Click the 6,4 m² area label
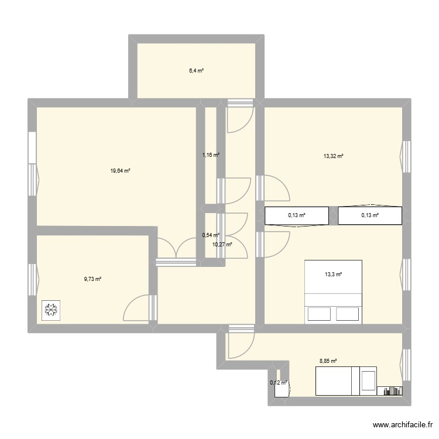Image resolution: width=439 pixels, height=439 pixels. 196,71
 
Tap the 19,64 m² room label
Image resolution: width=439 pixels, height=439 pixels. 120,171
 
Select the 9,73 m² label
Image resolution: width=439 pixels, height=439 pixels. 92,279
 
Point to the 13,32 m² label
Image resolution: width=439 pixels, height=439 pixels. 333,156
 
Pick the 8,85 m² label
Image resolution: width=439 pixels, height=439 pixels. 327,362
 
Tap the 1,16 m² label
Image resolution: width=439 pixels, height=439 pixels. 211,155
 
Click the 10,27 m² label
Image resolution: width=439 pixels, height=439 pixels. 222,244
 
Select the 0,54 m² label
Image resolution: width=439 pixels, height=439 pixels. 210,235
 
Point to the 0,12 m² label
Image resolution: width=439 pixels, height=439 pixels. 279,383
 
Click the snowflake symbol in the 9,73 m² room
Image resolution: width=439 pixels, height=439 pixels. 51,310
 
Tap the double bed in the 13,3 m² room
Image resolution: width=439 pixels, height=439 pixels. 333,291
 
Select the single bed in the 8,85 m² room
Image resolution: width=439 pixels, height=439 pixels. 345,381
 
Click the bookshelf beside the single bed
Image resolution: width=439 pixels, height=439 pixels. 390,390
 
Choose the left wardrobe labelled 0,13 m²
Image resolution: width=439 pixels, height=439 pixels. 297,215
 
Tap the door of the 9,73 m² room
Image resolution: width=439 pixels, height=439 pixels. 140,307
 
